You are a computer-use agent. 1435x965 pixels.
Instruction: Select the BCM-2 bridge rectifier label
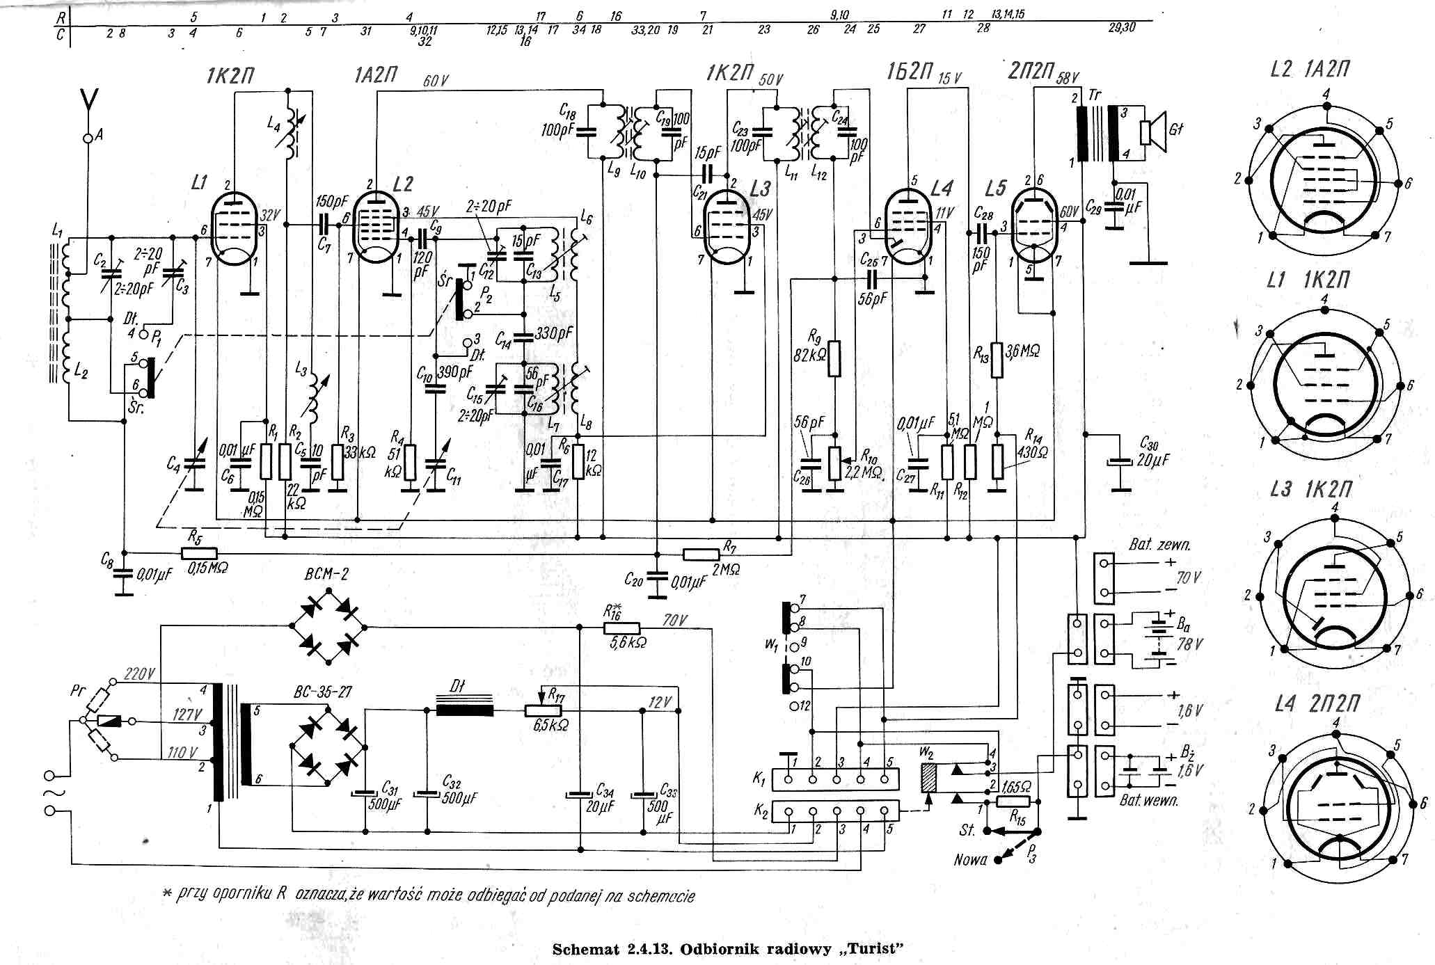pyautogui.click(x=326, y=575)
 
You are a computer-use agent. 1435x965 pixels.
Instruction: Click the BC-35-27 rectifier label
pyautogui.click(x=323, y=692)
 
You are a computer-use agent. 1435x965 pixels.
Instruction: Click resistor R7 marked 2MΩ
pyautogui.click(x=701, y=555)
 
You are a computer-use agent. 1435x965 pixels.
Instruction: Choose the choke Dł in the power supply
pyautogui.click(x=465, y=710)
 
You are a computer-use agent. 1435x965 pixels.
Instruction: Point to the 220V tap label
pyautogui.click(x=139, y=673)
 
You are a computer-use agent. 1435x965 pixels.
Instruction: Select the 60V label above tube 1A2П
pyautogui.click(x=435, y=81)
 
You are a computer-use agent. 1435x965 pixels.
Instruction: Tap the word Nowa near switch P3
pyautogui.click(x=970, y=860)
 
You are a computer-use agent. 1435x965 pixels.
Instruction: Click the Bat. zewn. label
pyautogui.click(x=1159, y=544)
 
